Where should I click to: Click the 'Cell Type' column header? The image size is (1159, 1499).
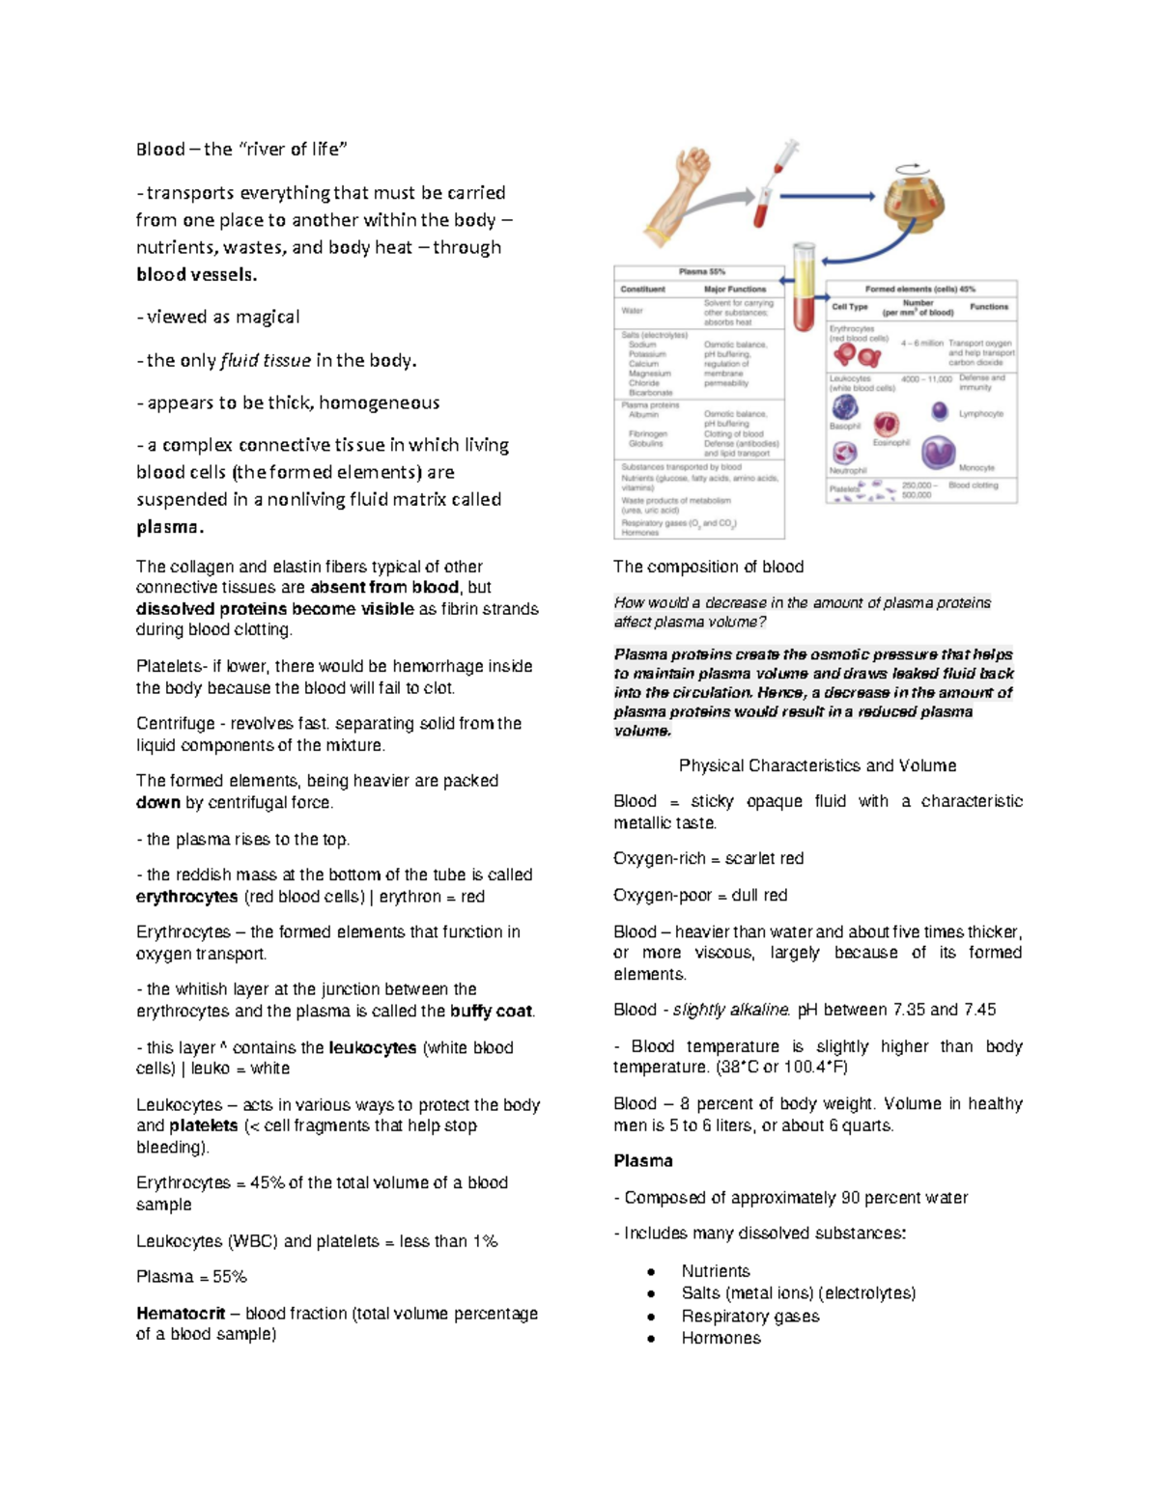click(850, 307)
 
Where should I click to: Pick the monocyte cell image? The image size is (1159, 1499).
click(938, 452)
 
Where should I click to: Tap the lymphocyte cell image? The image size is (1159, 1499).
click(939, 411)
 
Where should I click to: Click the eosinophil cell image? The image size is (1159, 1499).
click(886, 424)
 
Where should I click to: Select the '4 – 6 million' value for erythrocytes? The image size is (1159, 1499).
click(921, 343)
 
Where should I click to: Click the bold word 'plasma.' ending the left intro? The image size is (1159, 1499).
click(170, 527)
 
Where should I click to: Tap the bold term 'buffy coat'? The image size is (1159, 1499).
click(491, 1011)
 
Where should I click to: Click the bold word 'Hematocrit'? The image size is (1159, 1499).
click(181, 1313)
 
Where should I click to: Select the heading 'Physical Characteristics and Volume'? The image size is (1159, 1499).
click(817, 765)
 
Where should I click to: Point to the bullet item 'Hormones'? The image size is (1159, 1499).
click(721, 1338)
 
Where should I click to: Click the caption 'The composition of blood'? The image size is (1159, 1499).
click(708, 567)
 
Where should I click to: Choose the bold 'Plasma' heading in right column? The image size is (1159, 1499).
click(643, 1160)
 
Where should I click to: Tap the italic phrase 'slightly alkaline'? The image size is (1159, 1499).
click(731, 1010)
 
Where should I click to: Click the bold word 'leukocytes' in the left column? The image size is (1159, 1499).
click(373, 1047)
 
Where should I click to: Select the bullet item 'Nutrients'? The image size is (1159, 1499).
click(715, 1271)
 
